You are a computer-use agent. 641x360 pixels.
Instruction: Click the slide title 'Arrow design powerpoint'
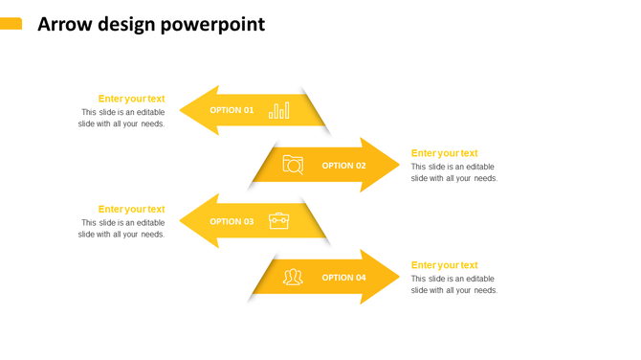coord(151,25)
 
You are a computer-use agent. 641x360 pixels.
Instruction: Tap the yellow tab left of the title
coord(11,24)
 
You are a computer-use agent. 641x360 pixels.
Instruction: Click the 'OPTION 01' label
coord(232,110)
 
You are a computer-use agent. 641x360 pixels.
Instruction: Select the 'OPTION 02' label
coord(343,166)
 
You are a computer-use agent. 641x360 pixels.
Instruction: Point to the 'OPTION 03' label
coord(232,221)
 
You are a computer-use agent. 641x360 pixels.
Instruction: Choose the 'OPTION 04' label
coord(343,278)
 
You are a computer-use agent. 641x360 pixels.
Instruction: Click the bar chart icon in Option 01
coord(278,110)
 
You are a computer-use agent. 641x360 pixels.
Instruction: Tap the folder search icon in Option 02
coord(293,166)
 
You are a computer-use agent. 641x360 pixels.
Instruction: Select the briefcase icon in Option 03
coord(278,221)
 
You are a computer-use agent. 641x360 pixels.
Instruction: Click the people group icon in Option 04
coord(293,278)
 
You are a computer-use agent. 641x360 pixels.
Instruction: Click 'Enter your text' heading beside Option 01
coord(131,99)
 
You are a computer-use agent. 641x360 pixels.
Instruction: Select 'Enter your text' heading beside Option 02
coord(444,153)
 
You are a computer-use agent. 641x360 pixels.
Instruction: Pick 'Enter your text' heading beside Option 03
coord(131,209)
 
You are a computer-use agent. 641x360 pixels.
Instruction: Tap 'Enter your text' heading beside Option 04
coord(444,265)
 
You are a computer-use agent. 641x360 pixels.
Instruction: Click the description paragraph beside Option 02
coord(454,172)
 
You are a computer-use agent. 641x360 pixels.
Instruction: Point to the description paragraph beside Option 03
coord(122,229)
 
